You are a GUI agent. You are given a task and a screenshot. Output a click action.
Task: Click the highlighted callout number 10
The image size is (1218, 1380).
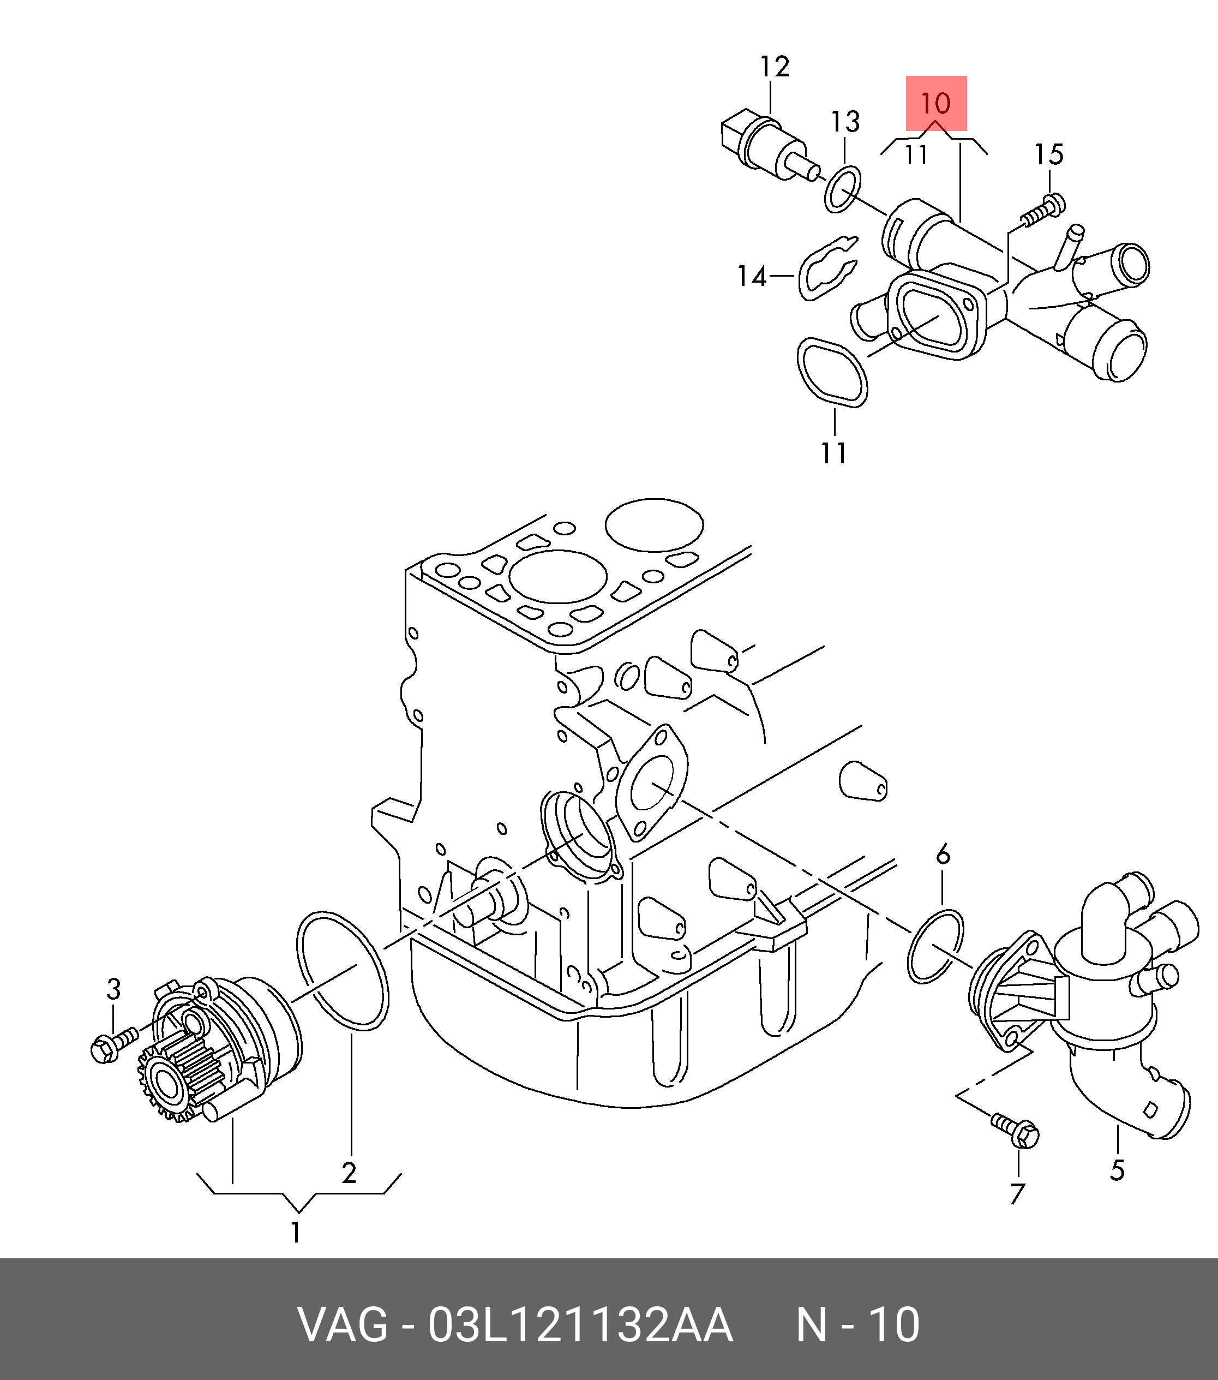tap(935, 103)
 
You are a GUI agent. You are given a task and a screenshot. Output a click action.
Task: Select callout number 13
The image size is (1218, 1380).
tap(845, 122)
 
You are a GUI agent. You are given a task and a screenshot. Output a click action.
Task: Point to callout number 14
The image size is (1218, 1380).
tap(751, 276)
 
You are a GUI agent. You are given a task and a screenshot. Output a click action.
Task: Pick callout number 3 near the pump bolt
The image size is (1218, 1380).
tap(113, 989)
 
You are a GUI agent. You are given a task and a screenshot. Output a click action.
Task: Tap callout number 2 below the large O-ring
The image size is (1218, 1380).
tap(349, 1173)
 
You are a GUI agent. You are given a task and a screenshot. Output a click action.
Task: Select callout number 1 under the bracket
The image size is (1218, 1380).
tap(296, 1233)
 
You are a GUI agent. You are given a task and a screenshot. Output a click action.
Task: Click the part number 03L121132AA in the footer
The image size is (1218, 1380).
tap(580, 1325)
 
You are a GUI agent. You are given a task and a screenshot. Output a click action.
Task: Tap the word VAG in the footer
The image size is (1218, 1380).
tap(344, 1325)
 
